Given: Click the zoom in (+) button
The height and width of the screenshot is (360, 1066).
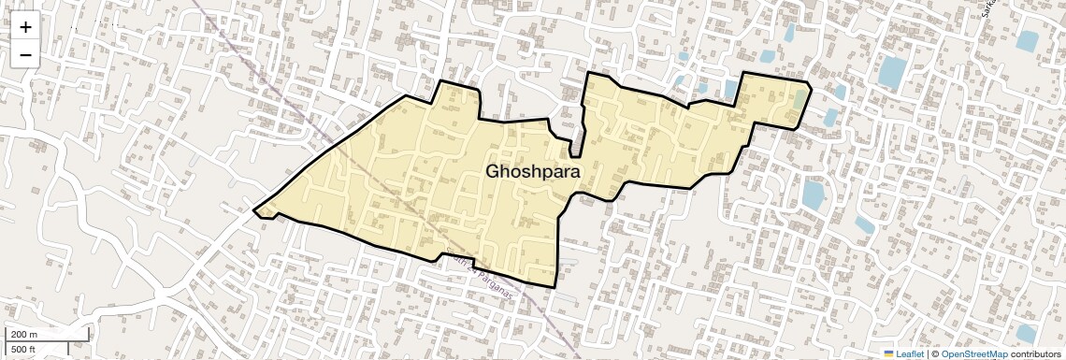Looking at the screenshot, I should pos(25,27).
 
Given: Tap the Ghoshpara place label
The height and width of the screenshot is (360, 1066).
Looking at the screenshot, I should pos(532,172).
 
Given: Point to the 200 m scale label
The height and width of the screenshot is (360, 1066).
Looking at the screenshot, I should pos(24,335).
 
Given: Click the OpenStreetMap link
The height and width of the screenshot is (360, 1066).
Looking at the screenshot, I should pos(973,353).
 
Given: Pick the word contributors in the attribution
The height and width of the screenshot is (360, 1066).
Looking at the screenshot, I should pos(1035,353).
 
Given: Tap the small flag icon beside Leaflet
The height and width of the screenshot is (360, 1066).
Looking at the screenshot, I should pos(888,353).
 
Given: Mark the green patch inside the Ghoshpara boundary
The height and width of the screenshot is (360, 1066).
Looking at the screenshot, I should pos(799,96).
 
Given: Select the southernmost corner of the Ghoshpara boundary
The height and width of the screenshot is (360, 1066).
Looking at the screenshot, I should pos(554,285).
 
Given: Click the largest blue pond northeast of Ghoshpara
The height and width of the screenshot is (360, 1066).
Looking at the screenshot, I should pos(892,71).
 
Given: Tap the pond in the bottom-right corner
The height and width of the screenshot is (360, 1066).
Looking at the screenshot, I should pos(1026,334).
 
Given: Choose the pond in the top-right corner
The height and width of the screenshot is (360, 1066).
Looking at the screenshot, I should pos(1028,41).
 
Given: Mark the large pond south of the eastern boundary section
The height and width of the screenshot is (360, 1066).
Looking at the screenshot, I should pos(813,194).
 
